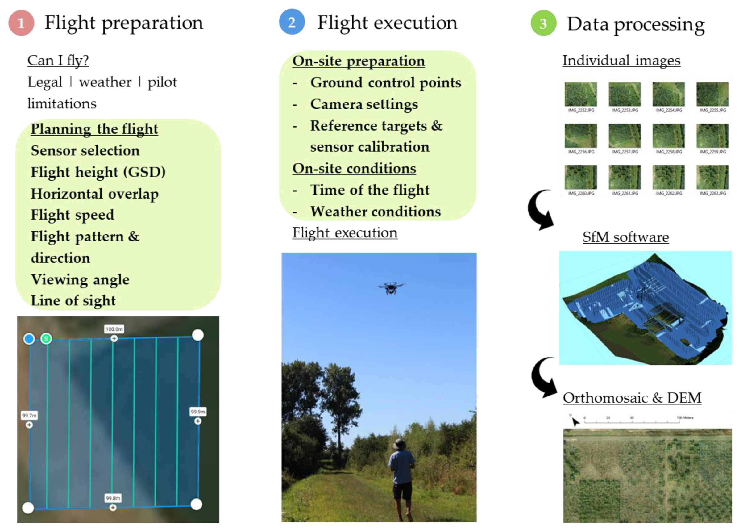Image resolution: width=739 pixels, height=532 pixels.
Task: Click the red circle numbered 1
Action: point(21,23)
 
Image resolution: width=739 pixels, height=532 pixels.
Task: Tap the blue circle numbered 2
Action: point(292,22)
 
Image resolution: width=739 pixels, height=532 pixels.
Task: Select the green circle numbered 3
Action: point(543,23)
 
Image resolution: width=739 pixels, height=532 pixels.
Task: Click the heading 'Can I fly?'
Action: point(58,60)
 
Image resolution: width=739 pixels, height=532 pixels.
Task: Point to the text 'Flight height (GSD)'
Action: point(98,172)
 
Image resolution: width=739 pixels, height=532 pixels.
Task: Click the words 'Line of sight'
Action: point(73,300)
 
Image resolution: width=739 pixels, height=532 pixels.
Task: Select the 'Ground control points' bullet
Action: point(385,82)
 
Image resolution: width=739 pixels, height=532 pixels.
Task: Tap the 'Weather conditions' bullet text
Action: point(376,212)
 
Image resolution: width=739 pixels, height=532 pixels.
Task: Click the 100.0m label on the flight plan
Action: point(114,329)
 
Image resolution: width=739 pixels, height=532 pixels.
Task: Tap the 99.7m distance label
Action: point(29,415)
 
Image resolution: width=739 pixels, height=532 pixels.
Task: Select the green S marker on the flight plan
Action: point(46,339)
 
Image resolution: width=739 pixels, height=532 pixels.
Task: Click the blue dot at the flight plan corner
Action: point(29,339)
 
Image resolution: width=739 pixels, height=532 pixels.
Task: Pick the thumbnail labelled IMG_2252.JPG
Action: point(581,94)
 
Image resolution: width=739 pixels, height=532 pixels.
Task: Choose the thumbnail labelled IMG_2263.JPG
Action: point(712,177)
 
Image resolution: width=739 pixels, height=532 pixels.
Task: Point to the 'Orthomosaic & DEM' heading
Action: point(632,398)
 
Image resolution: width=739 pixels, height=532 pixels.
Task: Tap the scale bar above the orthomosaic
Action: point(632,421)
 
